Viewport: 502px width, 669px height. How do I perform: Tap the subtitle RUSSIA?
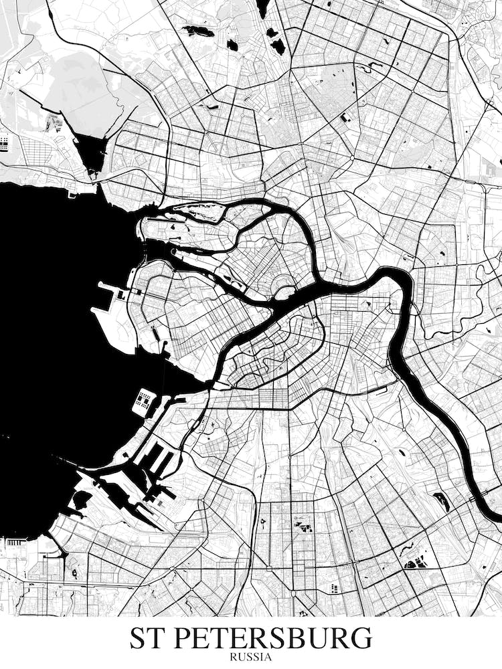click(x=251, y=657)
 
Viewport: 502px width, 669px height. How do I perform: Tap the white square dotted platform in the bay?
click(x=143, y=401)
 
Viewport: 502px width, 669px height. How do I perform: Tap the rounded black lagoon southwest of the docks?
click(x=82, y=499)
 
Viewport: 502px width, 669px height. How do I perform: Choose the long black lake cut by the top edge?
click(x=263, y=8)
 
